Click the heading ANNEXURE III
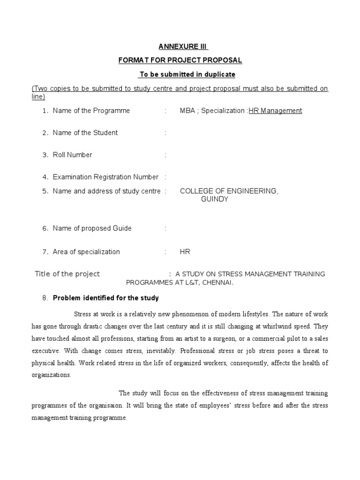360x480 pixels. tap(182, 46)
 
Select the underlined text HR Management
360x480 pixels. tap(275, 111)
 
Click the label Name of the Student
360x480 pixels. tap(85, 133)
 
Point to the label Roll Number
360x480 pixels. tap(73, 155)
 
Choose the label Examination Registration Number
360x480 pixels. tap(105, 177)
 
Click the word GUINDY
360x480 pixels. tap(215, 199)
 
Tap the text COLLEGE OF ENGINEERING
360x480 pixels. tap(229, 191)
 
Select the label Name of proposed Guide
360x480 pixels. tap(92, 228)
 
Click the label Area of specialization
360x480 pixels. tap(87, 252)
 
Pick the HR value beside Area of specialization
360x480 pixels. tap(185, 252)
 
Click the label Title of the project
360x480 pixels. tap(67, 274)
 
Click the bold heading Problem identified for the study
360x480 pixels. tap(106, 298)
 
